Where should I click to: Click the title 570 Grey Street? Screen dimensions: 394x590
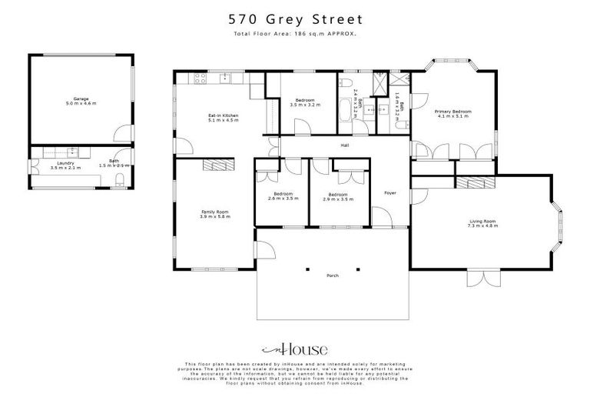point(295,18)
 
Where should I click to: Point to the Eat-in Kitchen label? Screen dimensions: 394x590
point(224,118)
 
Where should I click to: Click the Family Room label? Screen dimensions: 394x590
point(216,214)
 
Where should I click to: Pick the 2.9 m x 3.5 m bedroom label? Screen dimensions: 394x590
point(339,197)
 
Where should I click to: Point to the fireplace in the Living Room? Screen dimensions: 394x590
point(472,182)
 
